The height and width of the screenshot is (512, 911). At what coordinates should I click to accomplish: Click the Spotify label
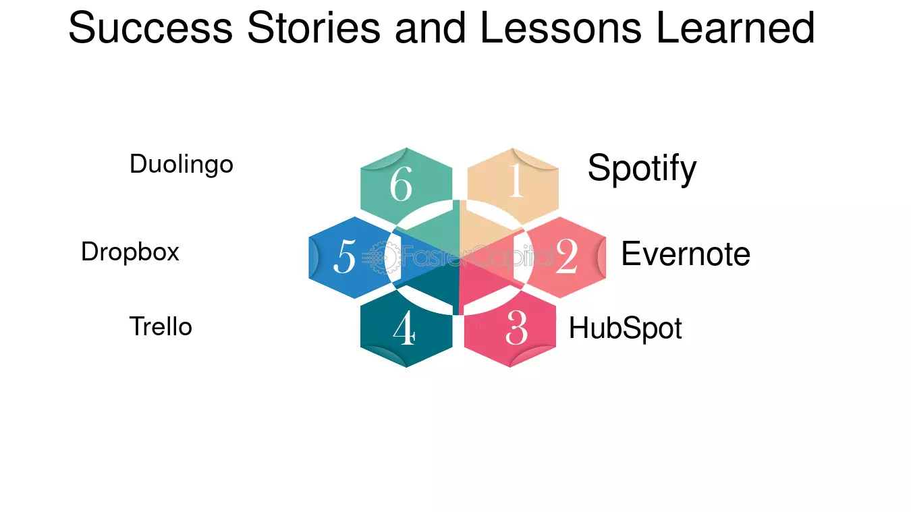[x=642, y=169]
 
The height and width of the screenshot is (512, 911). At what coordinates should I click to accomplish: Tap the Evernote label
[x=686, y=254]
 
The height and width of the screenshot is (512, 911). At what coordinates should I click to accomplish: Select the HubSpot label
[x=625, y=328]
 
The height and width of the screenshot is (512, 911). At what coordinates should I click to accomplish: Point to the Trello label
[x=161, y=326]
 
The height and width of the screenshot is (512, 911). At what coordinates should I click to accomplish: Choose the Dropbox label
[x=130, y=252]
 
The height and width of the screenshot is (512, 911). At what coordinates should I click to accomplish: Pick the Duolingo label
[x=182, y=165]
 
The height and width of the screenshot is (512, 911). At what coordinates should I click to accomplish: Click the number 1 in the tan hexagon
[x=516, y=180]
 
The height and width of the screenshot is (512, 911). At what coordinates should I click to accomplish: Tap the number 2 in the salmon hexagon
[x=567, y=256]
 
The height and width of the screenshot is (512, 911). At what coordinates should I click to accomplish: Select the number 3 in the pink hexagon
[x=516, y=327]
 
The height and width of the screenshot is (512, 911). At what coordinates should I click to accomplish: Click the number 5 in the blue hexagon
[x=345, y=256]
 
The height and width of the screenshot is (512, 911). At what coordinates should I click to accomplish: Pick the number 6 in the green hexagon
[x=401, y=183]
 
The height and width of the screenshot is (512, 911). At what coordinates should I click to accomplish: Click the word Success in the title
[x=150, y=28]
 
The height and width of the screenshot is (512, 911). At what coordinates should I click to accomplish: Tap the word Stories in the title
[x=314, y=28]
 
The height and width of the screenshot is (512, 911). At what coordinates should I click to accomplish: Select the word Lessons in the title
[x=561, y=28]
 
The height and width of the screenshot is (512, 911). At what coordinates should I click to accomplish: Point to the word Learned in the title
[x=736, y=28]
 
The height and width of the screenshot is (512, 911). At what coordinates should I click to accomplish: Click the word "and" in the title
[x=431, y=28]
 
